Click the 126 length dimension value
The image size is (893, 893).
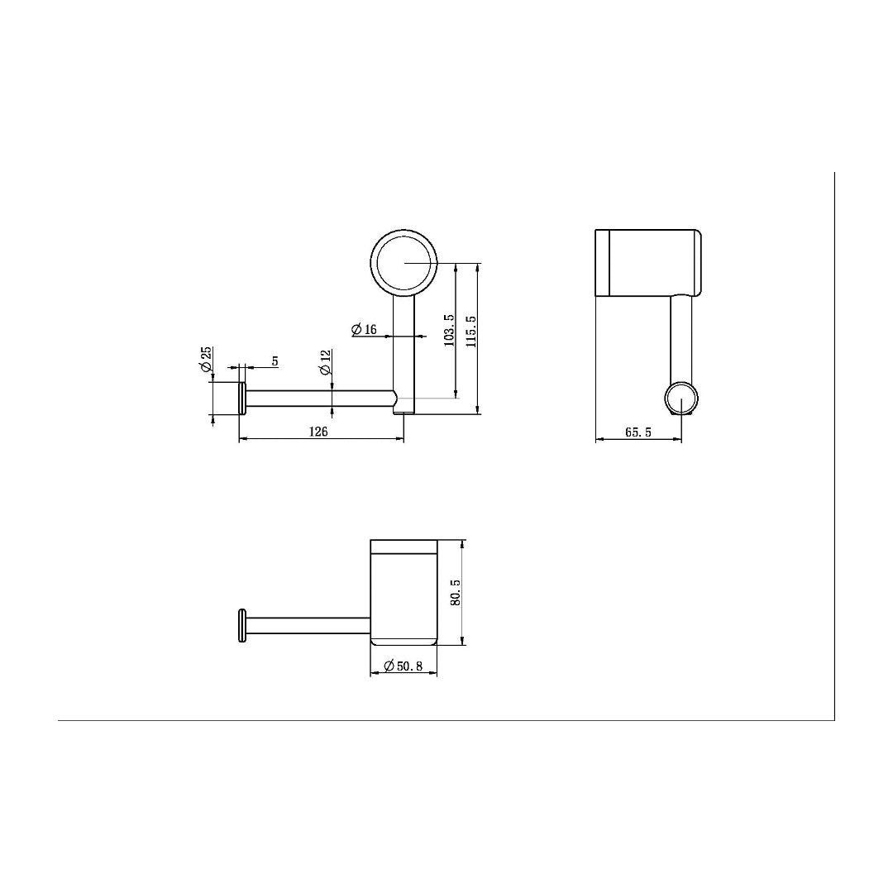[x=318, y=432]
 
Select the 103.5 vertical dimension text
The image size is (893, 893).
[x=450, y=329]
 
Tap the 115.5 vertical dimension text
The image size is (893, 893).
[x=471, y=330]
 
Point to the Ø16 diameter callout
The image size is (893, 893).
[x=364, y=330]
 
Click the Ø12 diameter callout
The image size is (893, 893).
[x=325, y=361]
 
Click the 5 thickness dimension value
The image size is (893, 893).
[x=275, y=361]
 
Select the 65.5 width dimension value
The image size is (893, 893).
[x=638, y=432]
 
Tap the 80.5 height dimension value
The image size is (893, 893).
[x=455, y=592]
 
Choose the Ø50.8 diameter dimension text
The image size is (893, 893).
[x=404, y=665]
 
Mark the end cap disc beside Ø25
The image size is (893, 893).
[x=242, y=399]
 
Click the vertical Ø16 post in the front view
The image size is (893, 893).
[x=404, y=347]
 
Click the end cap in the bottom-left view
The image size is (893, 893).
[x=242, y=625]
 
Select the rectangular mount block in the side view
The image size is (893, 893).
[x=648, y=261]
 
